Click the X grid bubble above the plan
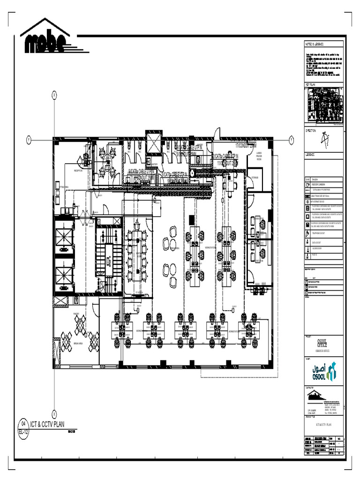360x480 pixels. click(54, 95)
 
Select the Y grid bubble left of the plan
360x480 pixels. click(29, 140)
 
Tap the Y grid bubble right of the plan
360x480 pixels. click(291, 140)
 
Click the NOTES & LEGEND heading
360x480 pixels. click(315, 43)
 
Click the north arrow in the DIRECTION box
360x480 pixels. click(324, 139)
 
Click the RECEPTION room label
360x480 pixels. click(78, 171)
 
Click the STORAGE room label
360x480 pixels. click(255, 178)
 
